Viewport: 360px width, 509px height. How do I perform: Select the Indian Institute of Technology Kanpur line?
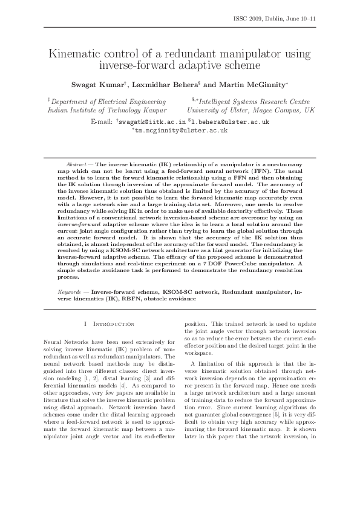pos(107,111)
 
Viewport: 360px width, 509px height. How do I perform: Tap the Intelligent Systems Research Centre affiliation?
pos(254,102)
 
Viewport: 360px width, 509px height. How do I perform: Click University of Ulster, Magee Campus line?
pos(250,111)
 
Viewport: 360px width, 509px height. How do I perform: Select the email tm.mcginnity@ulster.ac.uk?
pos(181,130)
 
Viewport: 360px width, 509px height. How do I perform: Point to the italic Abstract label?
pos(76,164)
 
